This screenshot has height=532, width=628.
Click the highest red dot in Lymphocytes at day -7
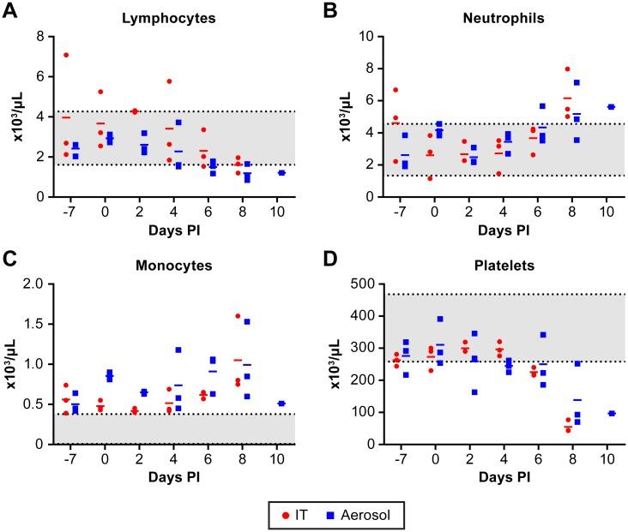tap(65, 55)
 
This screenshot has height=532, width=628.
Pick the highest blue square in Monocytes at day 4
tap(179, 350)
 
